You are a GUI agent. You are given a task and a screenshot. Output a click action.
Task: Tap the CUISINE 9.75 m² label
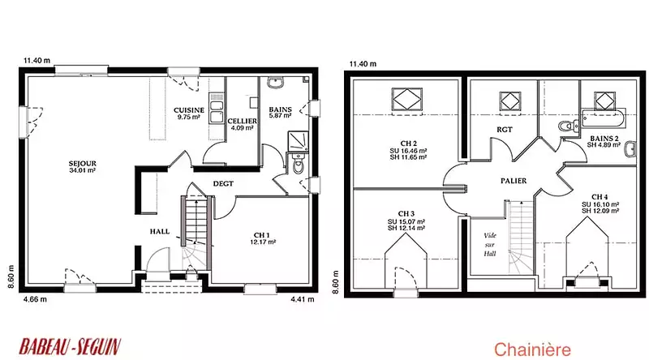click(x=189, y=114)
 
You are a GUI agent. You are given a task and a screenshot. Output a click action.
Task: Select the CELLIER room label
click(x=242, y=122)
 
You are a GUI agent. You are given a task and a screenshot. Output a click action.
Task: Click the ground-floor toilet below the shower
click(x=298, y=164)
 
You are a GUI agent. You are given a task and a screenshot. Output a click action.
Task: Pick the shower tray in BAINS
click(x=298, y=141)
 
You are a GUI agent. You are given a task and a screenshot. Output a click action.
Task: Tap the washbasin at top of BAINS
click(x=275, y=83)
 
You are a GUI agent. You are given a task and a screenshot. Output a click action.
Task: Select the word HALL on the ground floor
click(x=159, y=232)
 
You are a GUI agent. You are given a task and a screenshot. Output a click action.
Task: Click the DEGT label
click(x=223, y=183)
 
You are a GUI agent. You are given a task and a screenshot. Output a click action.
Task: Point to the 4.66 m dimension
click(x=35, y=299)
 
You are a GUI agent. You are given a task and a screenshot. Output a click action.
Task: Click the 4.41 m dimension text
click(x=303, y=299)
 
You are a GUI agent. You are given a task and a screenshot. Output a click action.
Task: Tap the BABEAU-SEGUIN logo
click(x=70, y=347)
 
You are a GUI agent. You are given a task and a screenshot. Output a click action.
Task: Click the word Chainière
click(x=532, y=349)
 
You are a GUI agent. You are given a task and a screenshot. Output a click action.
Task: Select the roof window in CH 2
click(x=407, y=99)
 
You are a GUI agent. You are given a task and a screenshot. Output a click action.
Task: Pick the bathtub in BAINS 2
click(x=604, y=118)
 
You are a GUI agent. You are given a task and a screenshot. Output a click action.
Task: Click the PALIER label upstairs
click(x=514, y=181)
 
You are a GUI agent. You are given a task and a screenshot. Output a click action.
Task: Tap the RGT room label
click(x=504, y=130)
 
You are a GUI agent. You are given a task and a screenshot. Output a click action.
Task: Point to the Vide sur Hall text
click(x=490, y=245)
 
